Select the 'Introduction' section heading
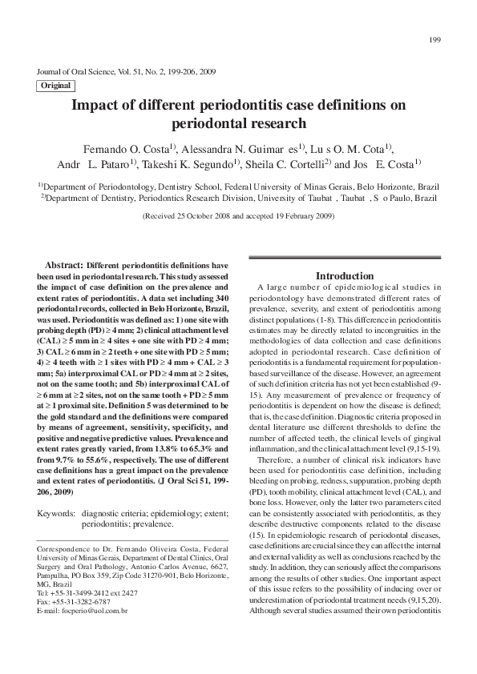(344, 276)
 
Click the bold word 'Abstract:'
(64, 265)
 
